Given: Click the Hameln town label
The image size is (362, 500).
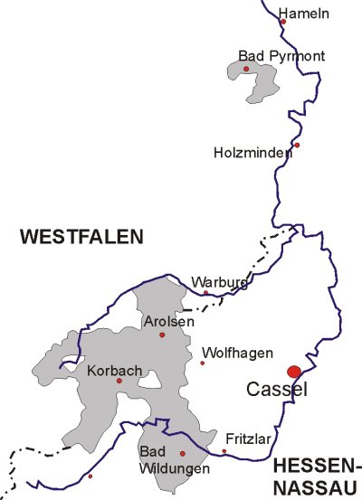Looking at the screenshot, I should pos(304,13).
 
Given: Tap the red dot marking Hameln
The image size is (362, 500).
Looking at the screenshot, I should pos(283,21).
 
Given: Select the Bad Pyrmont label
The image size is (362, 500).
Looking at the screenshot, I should pos(269,56).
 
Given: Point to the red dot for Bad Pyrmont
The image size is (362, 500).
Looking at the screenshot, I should pos(246,69).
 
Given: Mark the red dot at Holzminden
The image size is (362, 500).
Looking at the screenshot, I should pos(297,145).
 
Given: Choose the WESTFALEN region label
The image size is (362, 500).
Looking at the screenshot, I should pos(82,237).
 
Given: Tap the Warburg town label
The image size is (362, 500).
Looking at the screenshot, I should pos(219,281).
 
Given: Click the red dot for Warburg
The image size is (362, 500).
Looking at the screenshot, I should pos(205,293).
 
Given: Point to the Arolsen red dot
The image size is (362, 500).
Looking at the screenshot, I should pos(162,335).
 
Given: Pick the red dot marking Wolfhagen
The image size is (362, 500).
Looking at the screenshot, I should pos(203,363).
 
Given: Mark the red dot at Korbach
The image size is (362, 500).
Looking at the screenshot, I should pos(119,381).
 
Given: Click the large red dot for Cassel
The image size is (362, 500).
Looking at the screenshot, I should pos(293,372).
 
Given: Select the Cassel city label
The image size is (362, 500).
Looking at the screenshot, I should pos(278,391).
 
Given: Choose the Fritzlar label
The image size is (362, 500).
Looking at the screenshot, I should pos(247,437).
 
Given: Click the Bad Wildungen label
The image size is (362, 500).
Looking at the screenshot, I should pos(163,458).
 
